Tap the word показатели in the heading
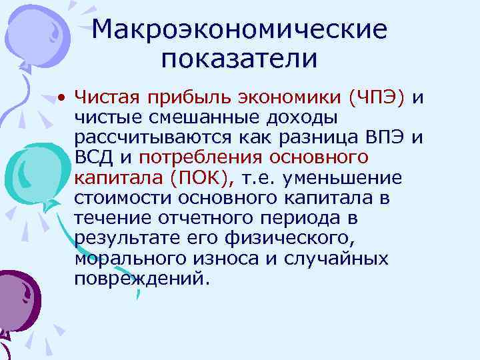pyautogui.click(x=239, y=59)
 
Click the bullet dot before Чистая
pyautogui.click(x=61, y=99)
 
